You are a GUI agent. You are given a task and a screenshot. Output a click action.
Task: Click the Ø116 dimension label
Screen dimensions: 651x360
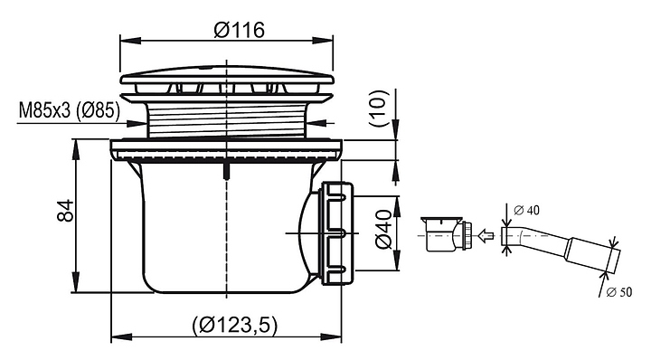tap(240, 30)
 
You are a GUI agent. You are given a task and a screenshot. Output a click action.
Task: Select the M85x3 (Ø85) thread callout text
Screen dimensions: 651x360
tap(70, 110)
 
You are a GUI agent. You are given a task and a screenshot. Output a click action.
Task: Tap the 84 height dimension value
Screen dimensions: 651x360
tap(65, 211)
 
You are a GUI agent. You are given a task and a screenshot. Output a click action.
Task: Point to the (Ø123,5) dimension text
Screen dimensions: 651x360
tap(234, 325)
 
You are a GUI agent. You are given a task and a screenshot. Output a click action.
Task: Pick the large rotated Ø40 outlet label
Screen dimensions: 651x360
tap(383, 229)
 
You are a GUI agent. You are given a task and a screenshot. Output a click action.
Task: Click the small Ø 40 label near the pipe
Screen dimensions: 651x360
tap(526, 211)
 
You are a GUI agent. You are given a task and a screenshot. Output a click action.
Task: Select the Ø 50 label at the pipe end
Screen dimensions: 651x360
tap(619, 292)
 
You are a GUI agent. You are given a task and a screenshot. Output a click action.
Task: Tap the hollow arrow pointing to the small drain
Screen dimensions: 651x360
tap(486, 236)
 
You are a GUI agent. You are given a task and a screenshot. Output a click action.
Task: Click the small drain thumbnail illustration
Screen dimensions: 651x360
tap(447, 234)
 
